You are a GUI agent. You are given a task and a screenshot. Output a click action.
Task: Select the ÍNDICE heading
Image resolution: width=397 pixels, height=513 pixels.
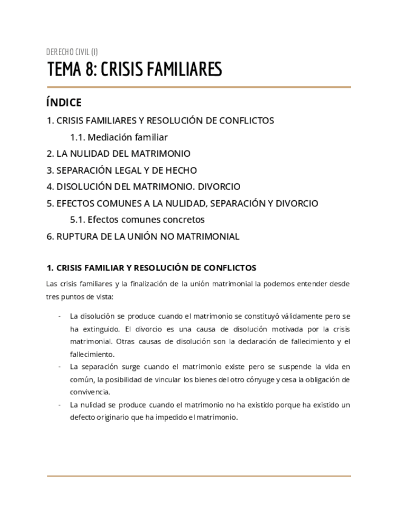(64, 103)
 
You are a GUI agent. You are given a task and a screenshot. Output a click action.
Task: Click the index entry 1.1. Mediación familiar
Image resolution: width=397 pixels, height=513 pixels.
(119, 137)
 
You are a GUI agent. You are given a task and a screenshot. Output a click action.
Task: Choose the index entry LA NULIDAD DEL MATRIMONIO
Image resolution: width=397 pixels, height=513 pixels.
(123, 154)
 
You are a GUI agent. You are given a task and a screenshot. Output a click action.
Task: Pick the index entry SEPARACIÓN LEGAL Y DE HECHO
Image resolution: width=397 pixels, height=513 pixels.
(126, 170)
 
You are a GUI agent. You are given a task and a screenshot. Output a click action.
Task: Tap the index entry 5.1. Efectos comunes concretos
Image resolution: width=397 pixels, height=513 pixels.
(137, 220)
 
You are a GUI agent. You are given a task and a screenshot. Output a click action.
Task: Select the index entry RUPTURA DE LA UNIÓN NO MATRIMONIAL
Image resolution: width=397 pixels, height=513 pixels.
(147, 236)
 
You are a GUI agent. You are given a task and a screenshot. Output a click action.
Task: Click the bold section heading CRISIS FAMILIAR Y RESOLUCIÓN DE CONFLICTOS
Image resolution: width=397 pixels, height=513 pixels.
(156, 268)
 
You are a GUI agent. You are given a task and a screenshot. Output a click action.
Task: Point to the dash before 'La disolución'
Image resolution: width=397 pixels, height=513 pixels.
(59, 316)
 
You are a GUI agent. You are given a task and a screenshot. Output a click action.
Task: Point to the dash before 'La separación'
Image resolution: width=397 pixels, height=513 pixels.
(59, 367)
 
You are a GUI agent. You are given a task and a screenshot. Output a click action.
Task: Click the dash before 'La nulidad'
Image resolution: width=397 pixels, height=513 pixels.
(59, 405)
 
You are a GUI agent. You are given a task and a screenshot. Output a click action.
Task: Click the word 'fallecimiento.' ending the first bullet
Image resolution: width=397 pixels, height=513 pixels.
(92, 354)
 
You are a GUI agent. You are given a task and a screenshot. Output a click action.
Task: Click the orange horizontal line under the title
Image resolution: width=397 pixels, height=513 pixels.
(198, 87)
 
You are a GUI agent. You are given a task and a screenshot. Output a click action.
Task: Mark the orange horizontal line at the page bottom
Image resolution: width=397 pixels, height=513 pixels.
(198, 476)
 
